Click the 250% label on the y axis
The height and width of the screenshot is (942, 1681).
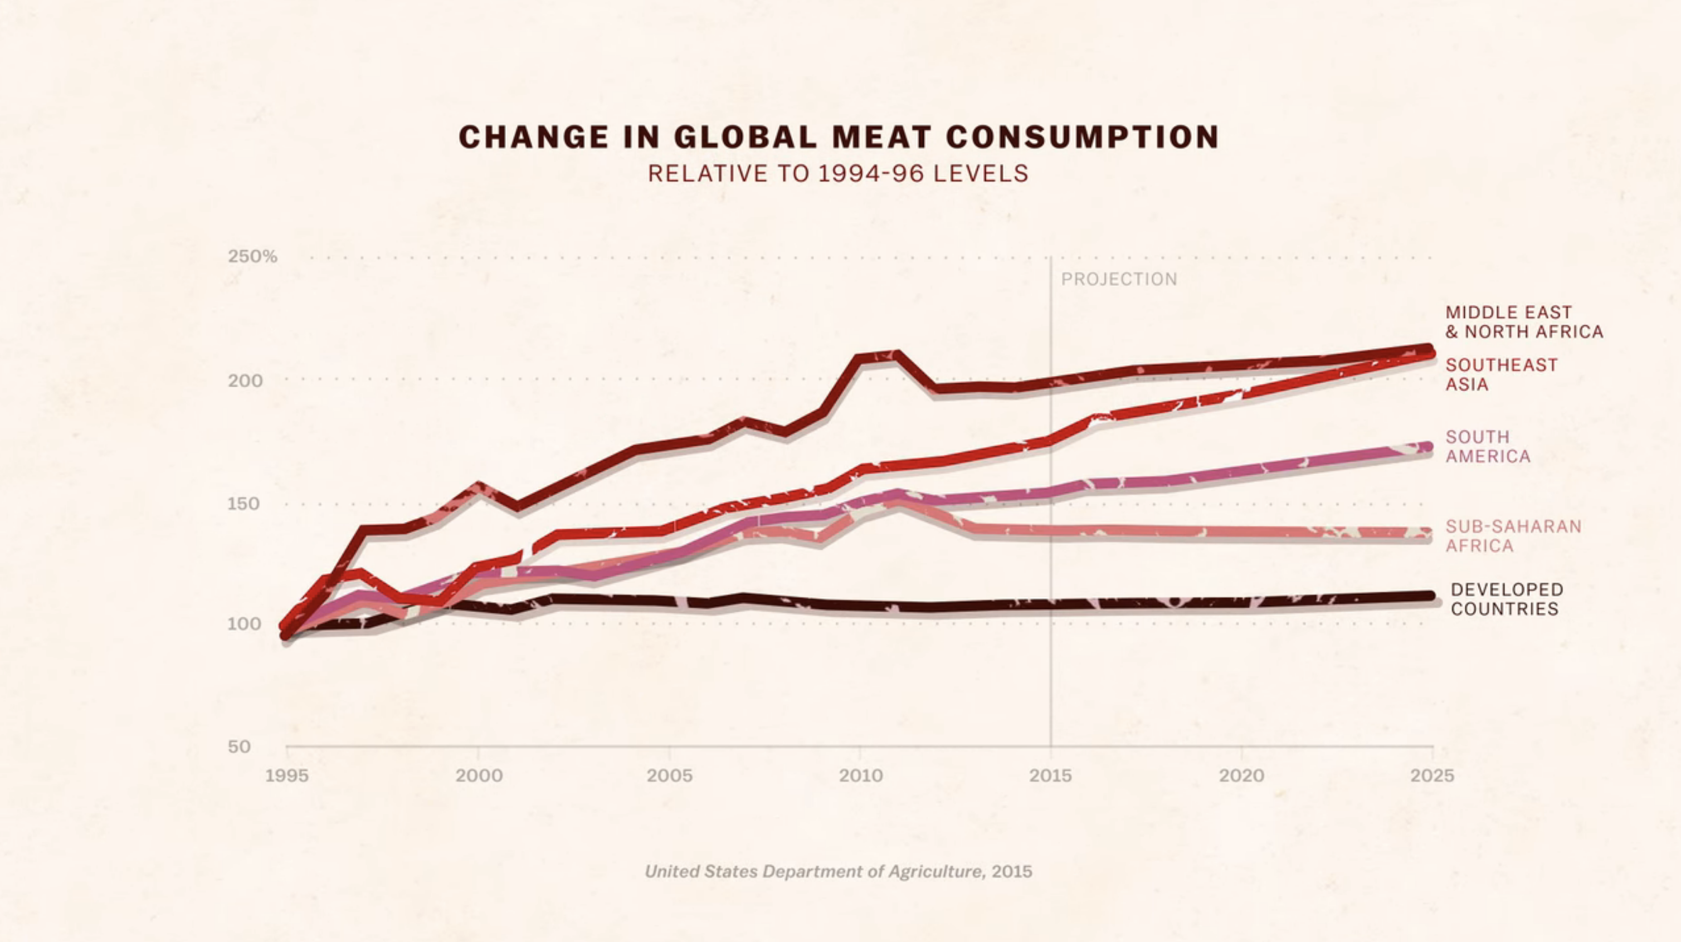pos(252,256)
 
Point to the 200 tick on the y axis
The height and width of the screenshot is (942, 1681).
pos(245,380)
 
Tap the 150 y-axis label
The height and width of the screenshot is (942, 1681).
pos(244,504)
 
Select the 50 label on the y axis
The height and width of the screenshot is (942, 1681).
pos(240,746)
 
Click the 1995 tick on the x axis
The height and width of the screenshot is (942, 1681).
pos(287,775)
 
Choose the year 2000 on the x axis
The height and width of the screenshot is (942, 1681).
pos(479,775)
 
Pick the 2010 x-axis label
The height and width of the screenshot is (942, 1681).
pos(861,775)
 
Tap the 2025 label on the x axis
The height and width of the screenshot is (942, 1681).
pos(1432,775)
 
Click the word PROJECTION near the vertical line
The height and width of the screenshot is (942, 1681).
pos(1119,279)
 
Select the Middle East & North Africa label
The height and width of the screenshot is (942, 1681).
pos(1524,322)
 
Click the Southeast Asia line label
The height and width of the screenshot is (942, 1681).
pos(1501,374)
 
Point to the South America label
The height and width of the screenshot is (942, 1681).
pos(1487,446)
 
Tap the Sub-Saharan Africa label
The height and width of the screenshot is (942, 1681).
pos(1513,535)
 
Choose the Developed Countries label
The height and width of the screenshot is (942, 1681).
pos(1507,599)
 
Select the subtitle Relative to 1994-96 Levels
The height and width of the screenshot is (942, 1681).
pos(838,174)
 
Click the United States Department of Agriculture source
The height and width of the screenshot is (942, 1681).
pos(839,872)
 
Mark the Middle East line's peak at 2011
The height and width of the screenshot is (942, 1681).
pos(896,355)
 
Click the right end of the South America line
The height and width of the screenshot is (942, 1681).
pos(1428,447)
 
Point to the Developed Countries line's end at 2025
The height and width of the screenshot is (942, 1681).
pos(1428,596)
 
